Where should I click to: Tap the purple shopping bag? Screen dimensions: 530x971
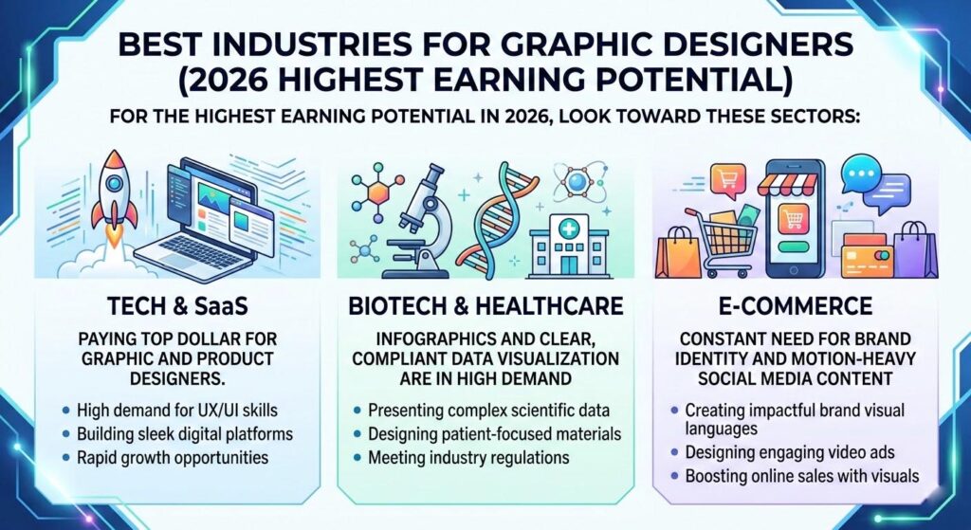point(914,250)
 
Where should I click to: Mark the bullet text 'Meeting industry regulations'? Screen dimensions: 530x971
point(464,457)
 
